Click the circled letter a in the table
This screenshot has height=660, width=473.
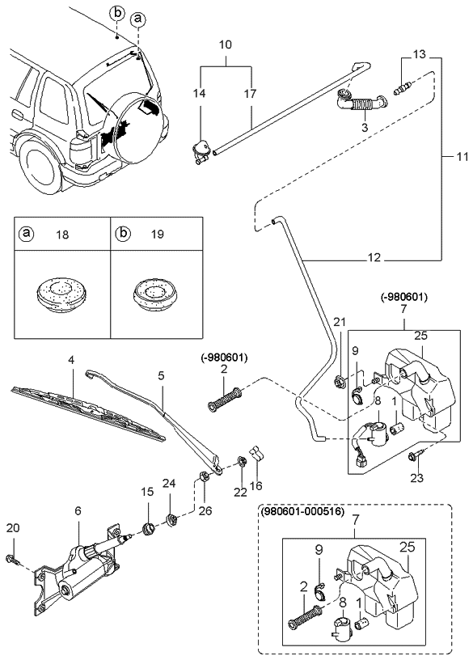[x=27, y=234]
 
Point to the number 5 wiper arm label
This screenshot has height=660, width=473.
[x=160, y=375]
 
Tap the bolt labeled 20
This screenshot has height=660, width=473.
[x=11, y=559]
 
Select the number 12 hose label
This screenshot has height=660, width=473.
[x=374, y=260]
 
